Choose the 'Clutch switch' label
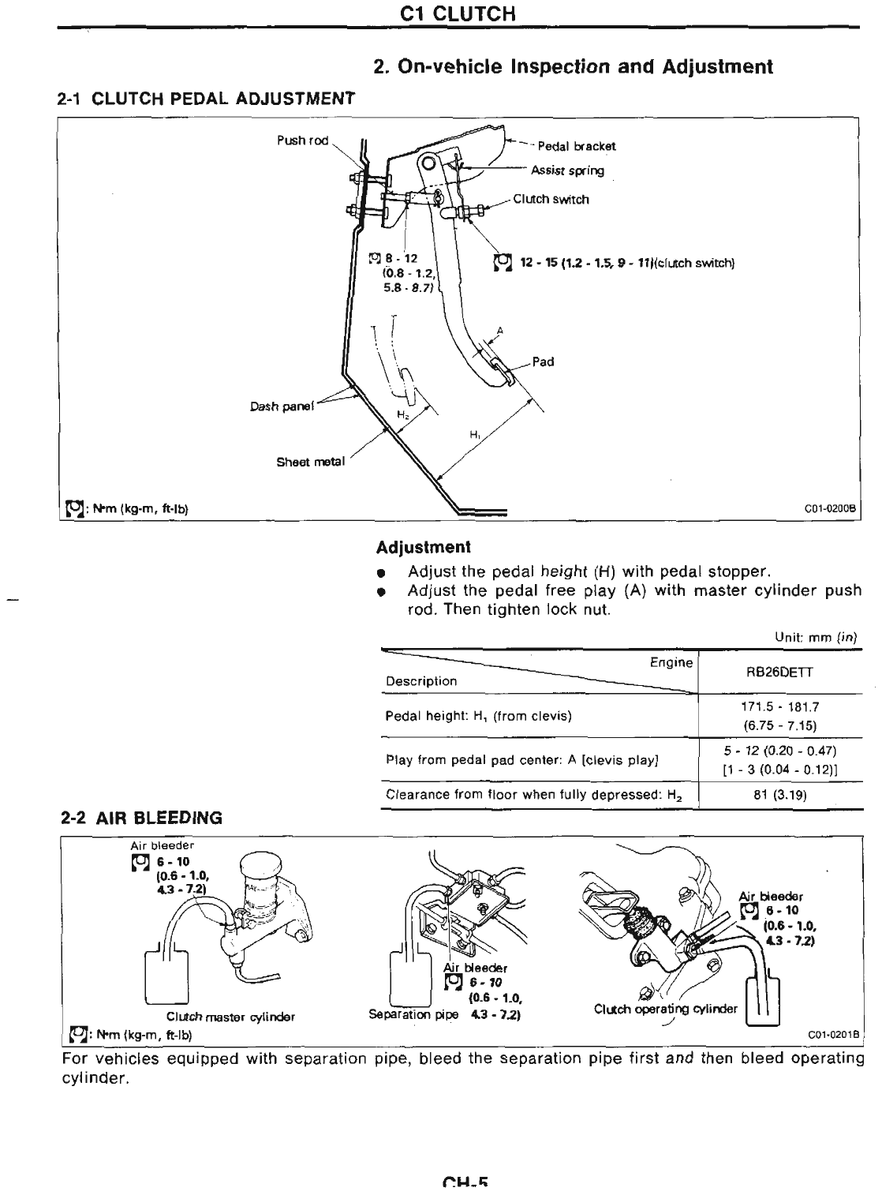click(x=551, y=200)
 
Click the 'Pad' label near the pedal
click(x=543, y=361)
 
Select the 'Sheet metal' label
click(x=310, y=462)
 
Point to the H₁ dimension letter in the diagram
click(x=475, y=434)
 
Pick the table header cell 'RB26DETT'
click(x=779, y=672)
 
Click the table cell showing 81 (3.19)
click(x=779, y=795)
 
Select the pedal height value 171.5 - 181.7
click(x=779, y=708)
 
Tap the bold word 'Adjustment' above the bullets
click(x=423, y=546)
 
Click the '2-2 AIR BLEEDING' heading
click(x=142, y=819)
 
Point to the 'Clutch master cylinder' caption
click(x=230, y=1016)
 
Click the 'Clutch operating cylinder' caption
click(x=665, y=1008)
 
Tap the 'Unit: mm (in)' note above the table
click(x=816, y=636)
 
